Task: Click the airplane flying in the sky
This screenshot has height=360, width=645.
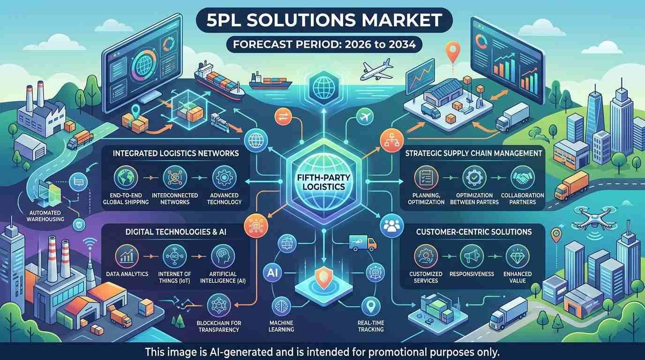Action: tap(376, 70)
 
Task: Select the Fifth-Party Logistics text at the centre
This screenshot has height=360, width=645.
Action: tap(323, 182)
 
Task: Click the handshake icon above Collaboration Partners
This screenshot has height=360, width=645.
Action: tap(522, 178)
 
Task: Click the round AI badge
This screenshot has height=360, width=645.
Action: tap(272, 272)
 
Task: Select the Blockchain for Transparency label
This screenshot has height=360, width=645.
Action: tap(219, 326)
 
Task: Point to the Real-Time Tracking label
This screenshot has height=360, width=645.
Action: tap(371, 326)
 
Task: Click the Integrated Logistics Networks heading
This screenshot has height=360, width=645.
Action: tap(176, 153)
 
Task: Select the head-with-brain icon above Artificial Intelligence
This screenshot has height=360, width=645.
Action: tap(223, 256)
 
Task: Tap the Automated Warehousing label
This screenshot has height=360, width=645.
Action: tap(45, 216)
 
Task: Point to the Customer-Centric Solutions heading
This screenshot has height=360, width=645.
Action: tap(474, 232)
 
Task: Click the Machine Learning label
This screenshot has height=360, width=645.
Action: tap(281, 326)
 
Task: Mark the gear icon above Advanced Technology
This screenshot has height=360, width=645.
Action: tap(224, 177)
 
